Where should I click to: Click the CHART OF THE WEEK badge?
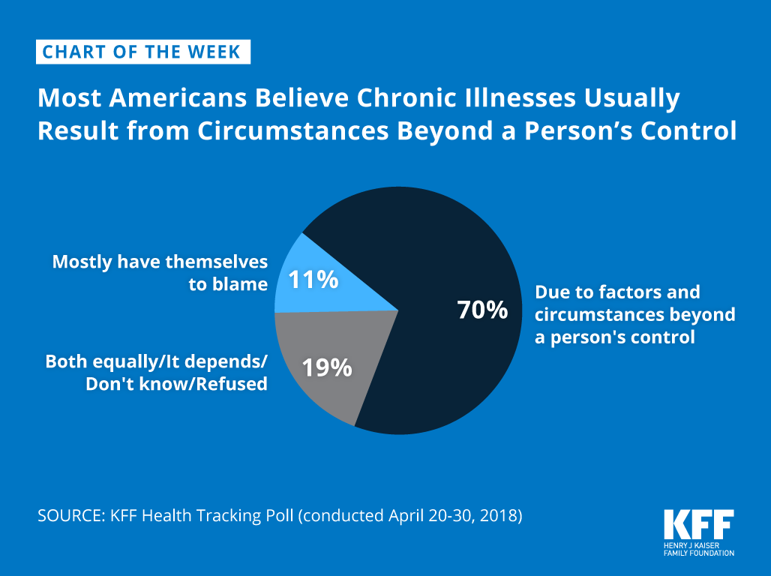point(142,52)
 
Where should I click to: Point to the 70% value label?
point(482,310)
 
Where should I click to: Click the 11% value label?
point(313,280)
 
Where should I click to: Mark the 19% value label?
point(326,368)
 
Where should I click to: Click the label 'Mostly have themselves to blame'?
point(160,272)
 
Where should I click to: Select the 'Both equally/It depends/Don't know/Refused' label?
point(157,373)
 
